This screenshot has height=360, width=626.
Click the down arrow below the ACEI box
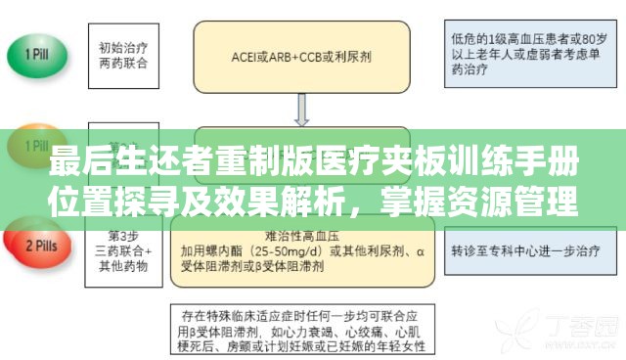[301, 113]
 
